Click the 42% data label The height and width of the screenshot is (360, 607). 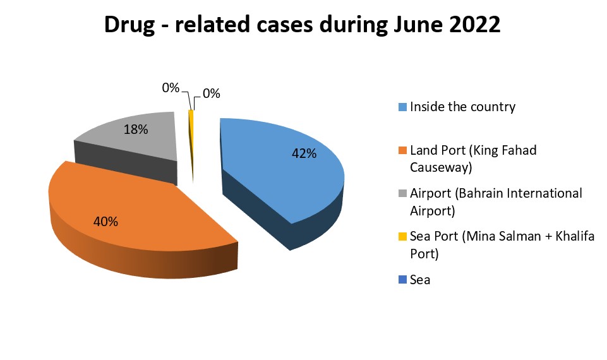[x=304, y=153]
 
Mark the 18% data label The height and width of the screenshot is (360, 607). [x=136, y=129]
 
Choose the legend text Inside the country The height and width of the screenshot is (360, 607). [x=462, y=107]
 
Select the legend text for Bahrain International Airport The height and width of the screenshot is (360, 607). [x=496, y=201]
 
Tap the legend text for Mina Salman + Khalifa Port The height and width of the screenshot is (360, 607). [x=502, y=244]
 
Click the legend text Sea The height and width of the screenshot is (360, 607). [x=420, y=279]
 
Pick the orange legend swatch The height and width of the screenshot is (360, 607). [x=402, y=150]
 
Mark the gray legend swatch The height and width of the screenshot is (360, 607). [x=402, y=193]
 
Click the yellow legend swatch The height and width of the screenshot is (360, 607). [x=402, y=237]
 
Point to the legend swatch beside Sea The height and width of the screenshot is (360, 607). [x=402, y=279]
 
